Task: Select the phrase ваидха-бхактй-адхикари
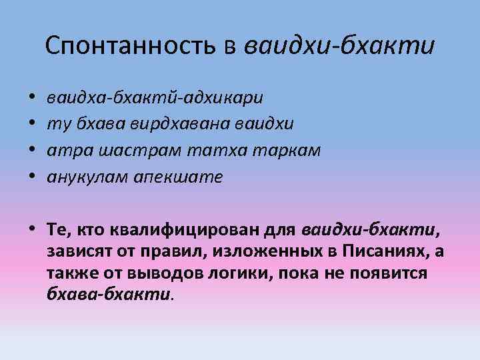click(x=155, y=99)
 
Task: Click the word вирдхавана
click(x=192, y=125)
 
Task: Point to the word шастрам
click(x=122, y=151)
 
